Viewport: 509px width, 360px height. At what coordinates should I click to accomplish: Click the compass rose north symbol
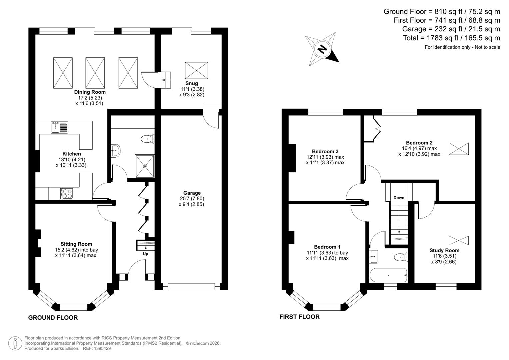(322, 49)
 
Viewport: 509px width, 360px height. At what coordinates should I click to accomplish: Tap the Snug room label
(192, 83)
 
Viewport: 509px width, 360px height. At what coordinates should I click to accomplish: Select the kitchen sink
(59, 127)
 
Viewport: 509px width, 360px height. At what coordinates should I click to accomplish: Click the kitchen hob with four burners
(67, 194)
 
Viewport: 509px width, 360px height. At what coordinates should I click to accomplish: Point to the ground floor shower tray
(145, 166)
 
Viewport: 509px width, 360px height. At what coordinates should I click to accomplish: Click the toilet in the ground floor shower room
(147, 139)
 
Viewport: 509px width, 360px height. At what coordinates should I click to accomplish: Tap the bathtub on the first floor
(388, 275)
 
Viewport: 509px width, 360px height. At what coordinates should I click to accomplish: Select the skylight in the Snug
(196, 70)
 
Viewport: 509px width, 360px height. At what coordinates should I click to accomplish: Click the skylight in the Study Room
(459, 240)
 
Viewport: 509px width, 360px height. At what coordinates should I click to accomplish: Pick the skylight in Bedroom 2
(459, 149)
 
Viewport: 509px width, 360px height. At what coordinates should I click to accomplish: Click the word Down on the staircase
(399, 198)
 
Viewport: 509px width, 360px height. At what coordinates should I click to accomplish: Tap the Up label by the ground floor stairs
(146, 254)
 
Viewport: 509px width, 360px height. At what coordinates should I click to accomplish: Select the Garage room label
(192, 193)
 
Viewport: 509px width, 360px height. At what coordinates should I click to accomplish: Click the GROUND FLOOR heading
(53, 318)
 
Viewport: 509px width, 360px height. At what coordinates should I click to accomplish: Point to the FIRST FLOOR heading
(299, 317)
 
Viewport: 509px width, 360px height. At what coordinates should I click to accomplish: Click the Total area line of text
(451, 38)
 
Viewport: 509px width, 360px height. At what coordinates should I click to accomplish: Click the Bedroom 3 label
(325, 151)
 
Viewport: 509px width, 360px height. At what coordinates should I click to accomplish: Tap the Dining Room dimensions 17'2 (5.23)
(89, 98)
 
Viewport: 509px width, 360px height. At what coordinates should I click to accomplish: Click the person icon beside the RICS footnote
(15, 343)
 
